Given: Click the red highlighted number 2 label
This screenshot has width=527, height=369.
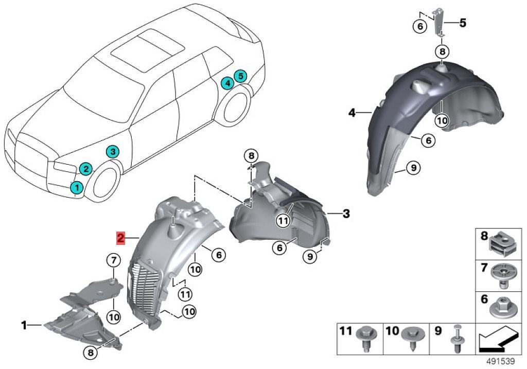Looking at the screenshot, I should pos(120,238).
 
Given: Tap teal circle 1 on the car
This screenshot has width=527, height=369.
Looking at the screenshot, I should pos(76,188).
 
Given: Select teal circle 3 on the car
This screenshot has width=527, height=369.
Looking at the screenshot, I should pos(113,151).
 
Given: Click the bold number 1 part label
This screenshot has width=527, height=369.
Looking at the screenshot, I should pos(24,325).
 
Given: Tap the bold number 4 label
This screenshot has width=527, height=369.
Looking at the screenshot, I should pos(352,112).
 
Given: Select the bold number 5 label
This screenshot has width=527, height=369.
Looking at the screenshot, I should pos(463,23).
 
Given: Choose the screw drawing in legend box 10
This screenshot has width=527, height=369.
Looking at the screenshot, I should pos(412,338).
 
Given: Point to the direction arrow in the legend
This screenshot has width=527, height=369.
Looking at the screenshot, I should pos(497,340).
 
